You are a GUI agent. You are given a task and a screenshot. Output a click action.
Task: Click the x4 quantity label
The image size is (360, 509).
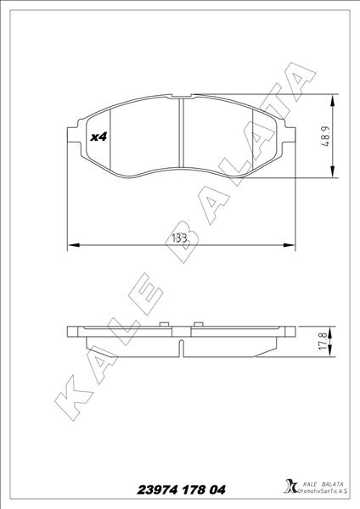[x=97, y=136]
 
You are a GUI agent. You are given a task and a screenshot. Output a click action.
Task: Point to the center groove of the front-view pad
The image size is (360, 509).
[x=183, y=136]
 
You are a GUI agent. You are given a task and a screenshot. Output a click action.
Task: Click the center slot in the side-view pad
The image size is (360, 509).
[x=183, y=345]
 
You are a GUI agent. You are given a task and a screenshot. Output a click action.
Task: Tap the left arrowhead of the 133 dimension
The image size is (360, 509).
[x=70, y=246]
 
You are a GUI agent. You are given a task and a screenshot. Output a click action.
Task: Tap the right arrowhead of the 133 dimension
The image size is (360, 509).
[x=294, y=246]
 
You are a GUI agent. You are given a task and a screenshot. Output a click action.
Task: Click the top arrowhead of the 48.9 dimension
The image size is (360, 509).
[x=332, y=97]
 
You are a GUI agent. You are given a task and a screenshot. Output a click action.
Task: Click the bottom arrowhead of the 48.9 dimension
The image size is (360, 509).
[x=332, y=175]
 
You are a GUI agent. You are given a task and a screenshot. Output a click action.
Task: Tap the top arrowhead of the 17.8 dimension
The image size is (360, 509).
[x=332, y=330]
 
